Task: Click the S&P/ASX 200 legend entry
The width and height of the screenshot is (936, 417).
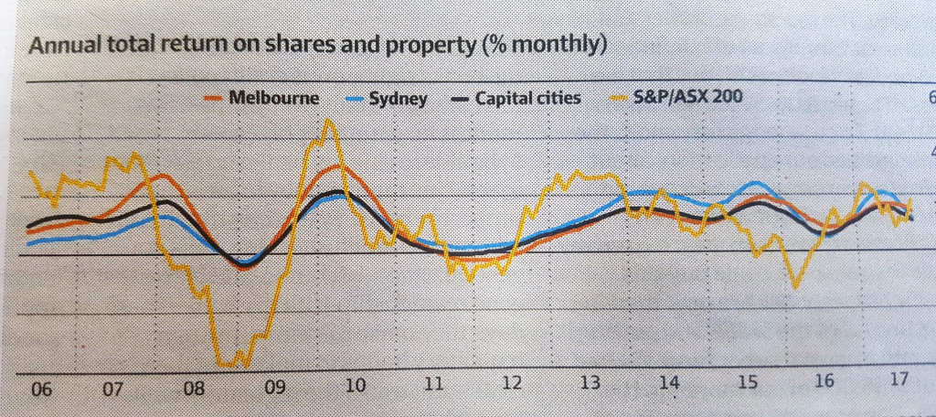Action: click(x=676, y=97)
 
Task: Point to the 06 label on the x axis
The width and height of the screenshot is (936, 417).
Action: click(x=39, y=389)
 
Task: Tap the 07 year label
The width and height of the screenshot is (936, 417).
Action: click(x=112, y=389)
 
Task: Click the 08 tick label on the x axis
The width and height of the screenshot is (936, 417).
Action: click(x=194, y=389)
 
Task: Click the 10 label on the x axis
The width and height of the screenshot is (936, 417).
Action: click(x=355, y=387)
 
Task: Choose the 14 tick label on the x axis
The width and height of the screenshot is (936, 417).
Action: click(x=669, y=383)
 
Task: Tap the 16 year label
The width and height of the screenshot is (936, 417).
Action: click(x=824, y=380)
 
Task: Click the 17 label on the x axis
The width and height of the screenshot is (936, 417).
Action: click(x=899, y=379)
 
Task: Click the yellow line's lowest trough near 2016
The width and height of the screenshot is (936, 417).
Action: click(x=797, y=288)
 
